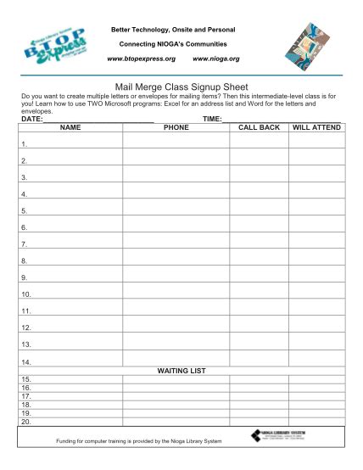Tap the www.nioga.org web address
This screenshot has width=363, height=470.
tap(216, 59)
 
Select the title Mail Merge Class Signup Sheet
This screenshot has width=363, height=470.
tap(181, 85)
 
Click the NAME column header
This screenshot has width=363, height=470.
tap(70, 127)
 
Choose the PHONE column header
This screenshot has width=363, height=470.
tap(176, 127)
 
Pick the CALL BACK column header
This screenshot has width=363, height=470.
tap(259, 127)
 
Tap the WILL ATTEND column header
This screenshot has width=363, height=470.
tap(316, 127)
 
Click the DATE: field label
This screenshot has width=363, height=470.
tap(32, 120)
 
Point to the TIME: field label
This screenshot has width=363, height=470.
tap(212, 120)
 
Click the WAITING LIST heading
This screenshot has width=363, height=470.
tap(181, 371)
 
